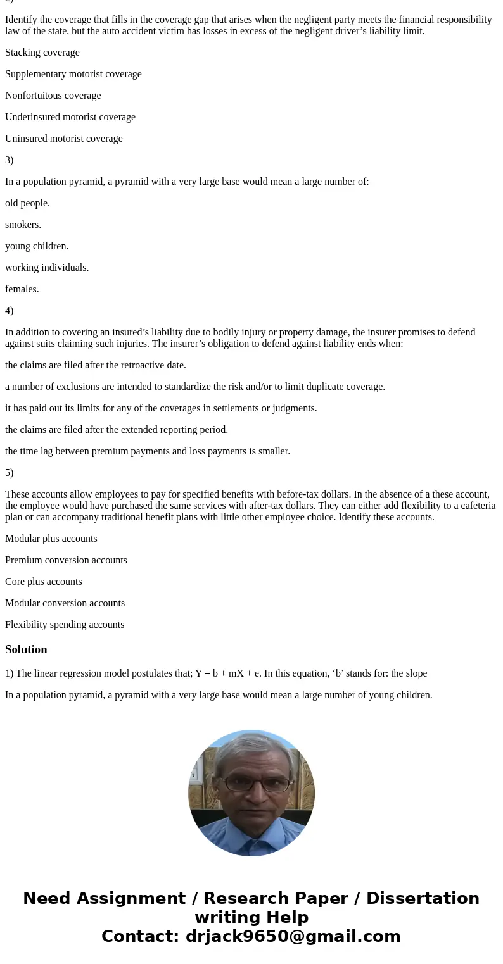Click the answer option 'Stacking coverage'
point(42,53)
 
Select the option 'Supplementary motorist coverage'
point(73,74)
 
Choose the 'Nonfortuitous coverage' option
point(53,96)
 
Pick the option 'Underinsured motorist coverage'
point(70,117)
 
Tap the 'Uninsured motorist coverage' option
point(64,139)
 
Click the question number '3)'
point(10,160)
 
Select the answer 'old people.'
point(27,203)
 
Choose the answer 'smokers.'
point(23,225)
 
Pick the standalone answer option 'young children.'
point(37,246)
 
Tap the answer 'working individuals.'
point(47,268)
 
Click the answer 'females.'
point(22,289)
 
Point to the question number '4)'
point(10,311)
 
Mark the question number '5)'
point(10,473)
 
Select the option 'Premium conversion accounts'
point(66,560)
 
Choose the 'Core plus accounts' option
point(44,582)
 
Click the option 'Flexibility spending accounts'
point(65,625)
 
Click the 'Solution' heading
point(26,649)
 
